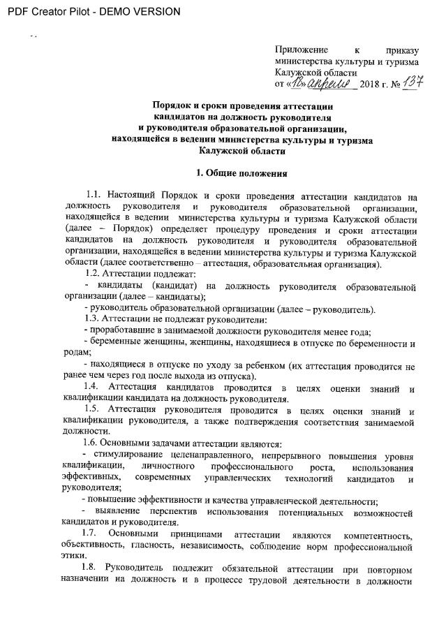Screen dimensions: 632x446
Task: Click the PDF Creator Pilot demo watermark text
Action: coord(91,12)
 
